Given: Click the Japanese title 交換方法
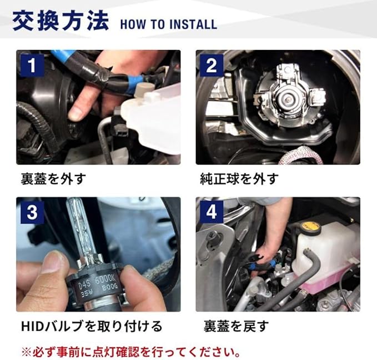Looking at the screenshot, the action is pos(61,21).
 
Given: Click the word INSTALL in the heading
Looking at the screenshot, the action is pos(193,24).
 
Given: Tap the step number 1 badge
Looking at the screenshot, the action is pos(32,65).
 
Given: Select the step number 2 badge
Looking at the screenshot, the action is pos(212,65).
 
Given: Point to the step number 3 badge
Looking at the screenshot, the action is pos(32,212).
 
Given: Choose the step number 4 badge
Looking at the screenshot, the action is pos(212,212).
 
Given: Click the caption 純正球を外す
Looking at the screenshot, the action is pos(239,179).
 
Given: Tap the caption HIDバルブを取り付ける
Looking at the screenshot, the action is pos(92,326).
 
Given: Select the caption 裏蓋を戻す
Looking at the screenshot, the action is pos(236,326).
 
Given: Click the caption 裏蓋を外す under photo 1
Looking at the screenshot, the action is pos(53,179).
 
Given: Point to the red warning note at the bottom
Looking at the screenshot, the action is pos(131,352).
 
